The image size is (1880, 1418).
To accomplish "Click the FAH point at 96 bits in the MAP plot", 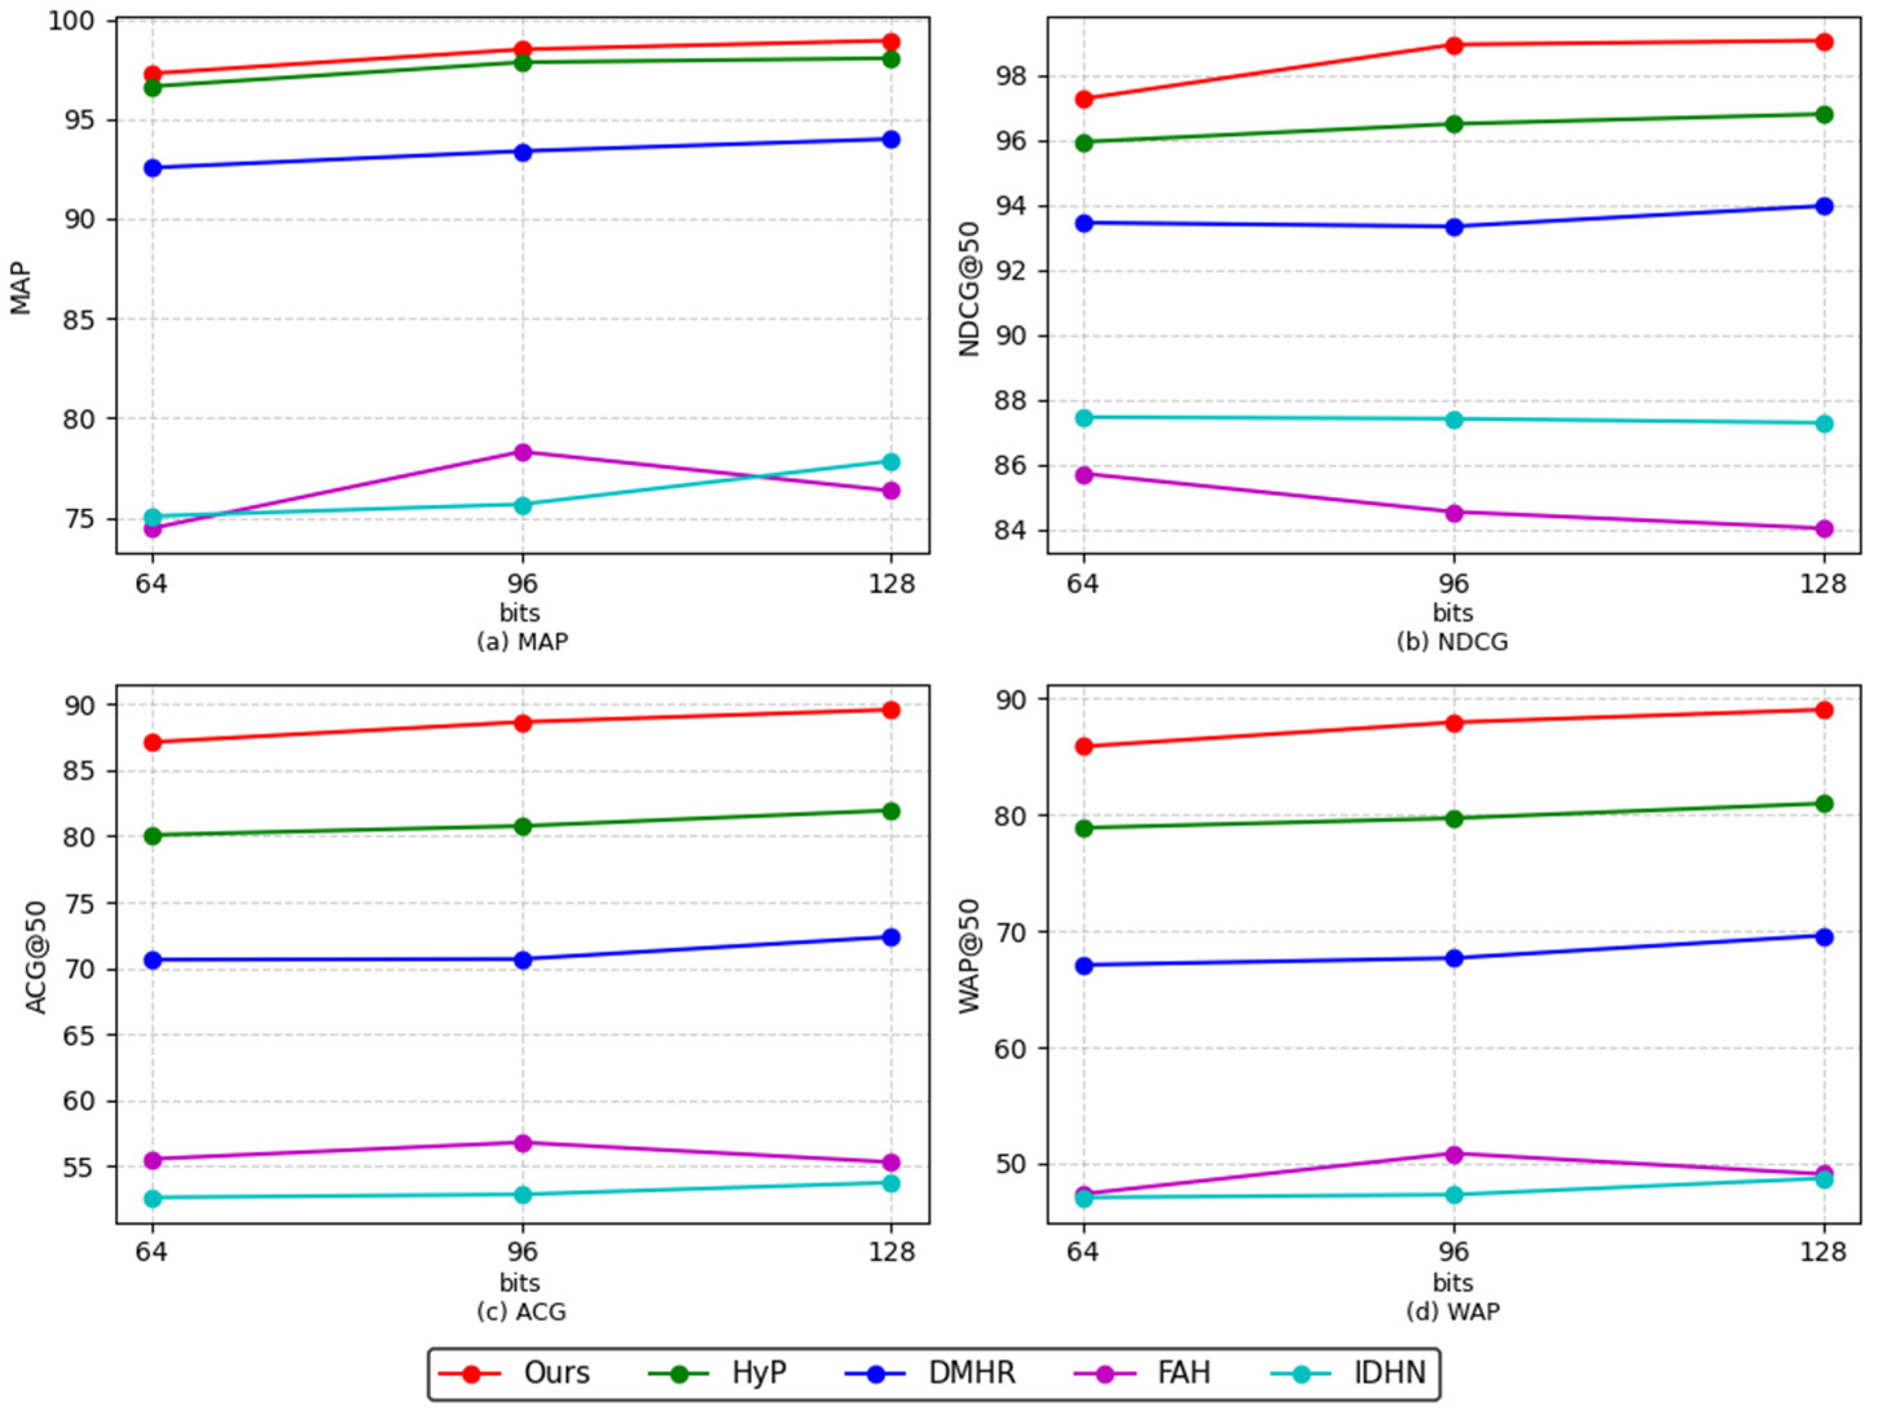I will click(x=523, y=452).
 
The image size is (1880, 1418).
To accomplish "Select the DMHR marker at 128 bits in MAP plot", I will click(x=891, y=139).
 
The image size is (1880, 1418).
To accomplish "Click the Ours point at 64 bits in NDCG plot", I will click(x=1084, y=100).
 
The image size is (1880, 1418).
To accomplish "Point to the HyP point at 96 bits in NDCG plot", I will click(x=1454, y=124).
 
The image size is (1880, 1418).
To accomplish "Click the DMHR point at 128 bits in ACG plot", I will click(x=891, y=937).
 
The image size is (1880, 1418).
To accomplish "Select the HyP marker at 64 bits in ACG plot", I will click(x=153, y=836).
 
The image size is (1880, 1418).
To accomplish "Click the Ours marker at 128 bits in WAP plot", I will click(x=1824, y=709).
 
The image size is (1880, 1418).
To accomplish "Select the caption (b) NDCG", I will click(x=1452, y=642).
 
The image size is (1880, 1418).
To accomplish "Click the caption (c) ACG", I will click(x=521, y=1312).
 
